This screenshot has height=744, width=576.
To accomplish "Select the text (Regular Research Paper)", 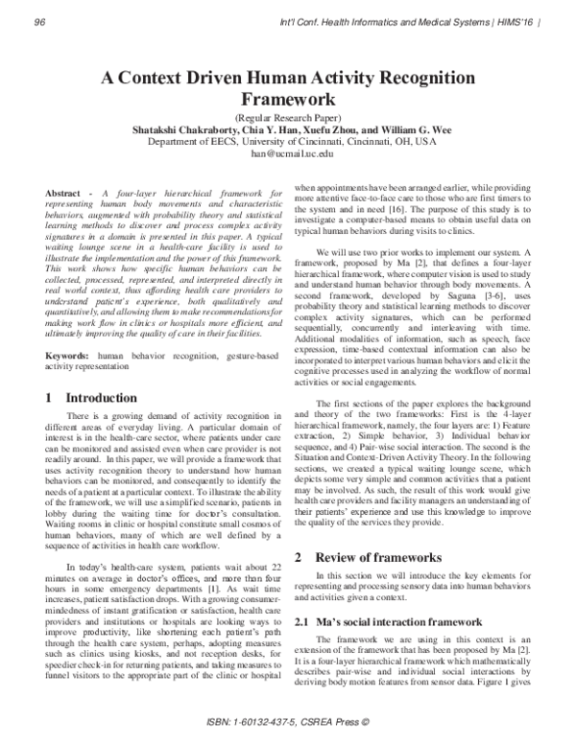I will [x=287, y=116].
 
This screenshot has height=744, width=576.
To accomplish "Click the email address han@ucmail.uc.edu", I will [x=287, y=153].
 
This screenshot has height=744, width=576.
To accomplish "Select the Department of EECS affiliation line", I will [x=287, y=141].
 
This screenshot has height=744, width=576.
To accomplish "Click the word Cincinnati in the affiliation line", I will [x=338, y=141].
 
